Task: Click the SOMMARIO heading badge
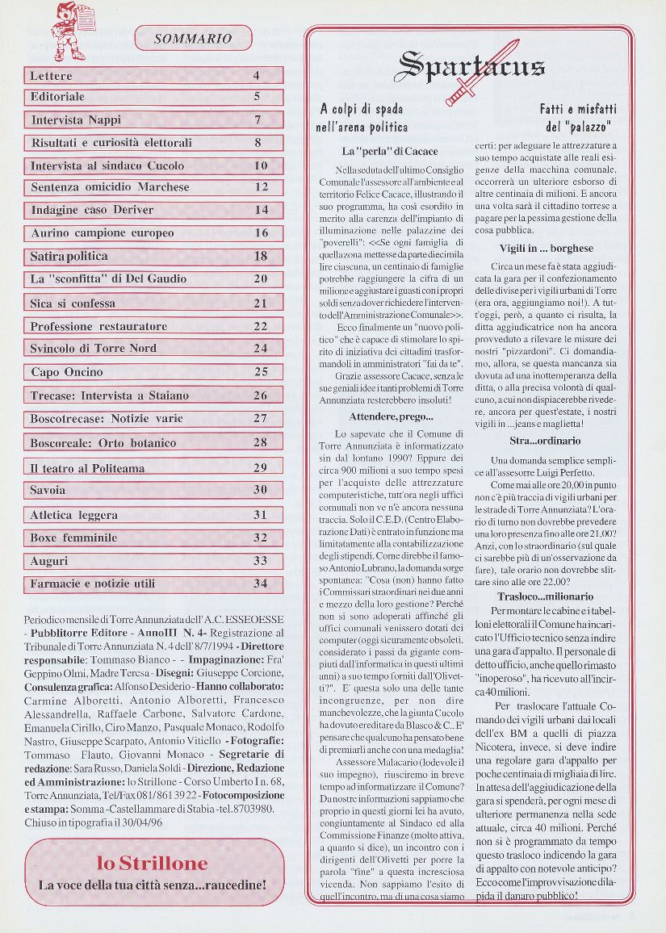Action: [193, 38]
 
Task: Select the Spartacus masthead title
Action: [471, 66]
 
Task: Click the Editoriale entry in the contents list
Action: [58, 97]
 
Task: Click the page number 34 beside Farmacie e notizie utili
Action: [260, 584]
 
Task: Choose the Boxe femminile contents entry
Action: [74, 538]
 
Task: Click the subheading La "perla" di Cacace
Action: [390, 151]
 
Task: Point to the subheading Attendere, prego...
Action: [392, 416]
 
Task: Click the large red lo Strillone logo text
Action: [153, 863]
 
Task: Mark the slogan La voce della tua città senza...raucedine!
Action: [153, 885]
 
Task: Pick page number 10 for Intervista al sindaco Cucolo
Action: [261, 165]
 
